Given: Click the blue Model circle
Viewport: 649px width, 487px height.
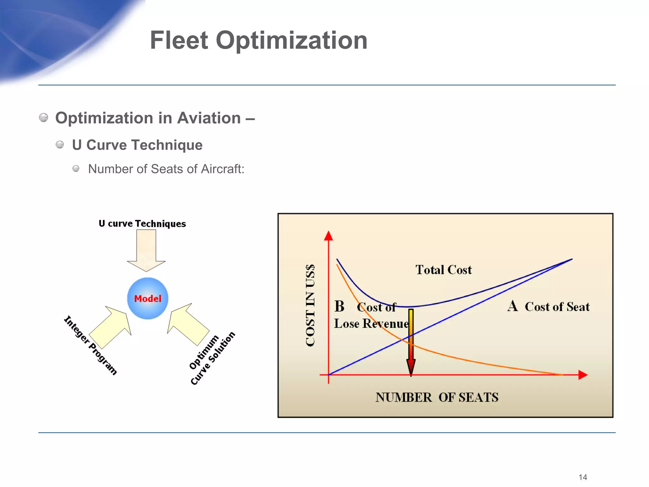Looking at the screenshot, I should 148,298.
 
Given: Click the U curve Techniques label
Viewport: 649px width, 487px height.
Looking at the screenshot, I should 142,224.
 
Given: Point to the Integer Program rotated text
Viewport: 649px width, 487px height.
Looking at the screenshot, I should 90,345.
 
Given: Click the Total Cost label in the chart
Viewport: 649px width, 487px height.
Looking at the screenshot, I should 443,270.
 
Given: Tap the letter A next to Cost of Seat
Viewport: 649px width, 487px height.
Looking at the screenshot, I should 512,306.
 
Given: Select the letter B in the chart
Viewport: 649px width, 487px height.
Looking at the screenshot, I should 339,307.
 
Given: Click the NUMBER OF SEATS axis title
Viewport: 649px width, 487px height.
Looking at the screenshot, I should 437,397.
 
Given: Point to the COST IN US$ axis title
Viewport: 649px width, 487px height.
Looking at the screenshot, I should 310,305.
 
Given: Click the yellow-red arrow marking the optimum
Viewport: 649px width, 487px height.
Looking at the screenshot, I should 411,342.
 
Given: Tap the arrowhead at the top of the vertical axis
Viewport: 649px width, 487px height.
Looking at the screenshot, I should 329,236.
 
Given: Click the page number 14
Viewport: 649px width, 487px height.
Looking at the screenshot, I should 583,477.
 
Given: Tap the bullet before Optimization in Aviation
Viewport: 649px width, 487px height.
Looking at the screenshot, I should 44,118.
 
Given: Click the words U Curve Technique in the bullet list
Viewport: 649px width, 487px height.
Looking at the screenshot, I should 137,145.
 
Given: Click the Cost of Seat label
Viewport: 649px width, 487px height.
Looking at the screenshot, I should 557,307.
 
